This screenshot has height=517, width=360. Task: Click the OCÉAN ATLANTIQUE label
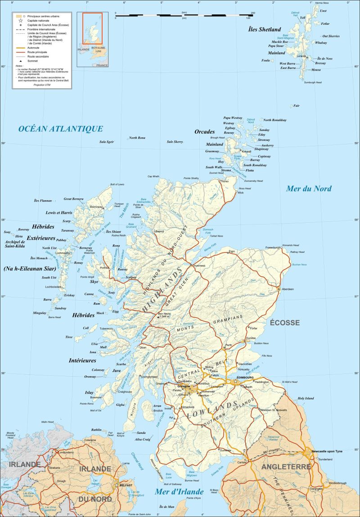[x=60, y=129]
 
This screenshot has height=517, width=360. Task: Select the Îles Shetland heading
[x=265, y=29]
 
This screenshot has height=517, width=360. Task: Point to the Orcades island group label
[x=205, y=132]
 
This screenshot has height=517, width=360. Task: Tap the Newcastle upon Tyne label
[x=327, y=451]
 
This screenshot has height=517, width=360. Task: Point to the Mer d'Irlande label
[x=179, y=491]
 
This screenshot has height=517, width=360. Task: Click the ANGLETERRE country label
[x=286, y=467]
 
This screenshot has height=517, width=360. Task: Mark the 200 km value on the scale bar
[x=252, y=13]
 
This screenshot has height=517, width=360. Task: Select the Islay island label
[x=90, y=393]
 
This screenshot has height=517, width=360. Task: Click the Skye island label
[x=94, y=281]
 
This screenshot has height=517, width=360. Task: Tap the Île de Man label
[x=166, y=507]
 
